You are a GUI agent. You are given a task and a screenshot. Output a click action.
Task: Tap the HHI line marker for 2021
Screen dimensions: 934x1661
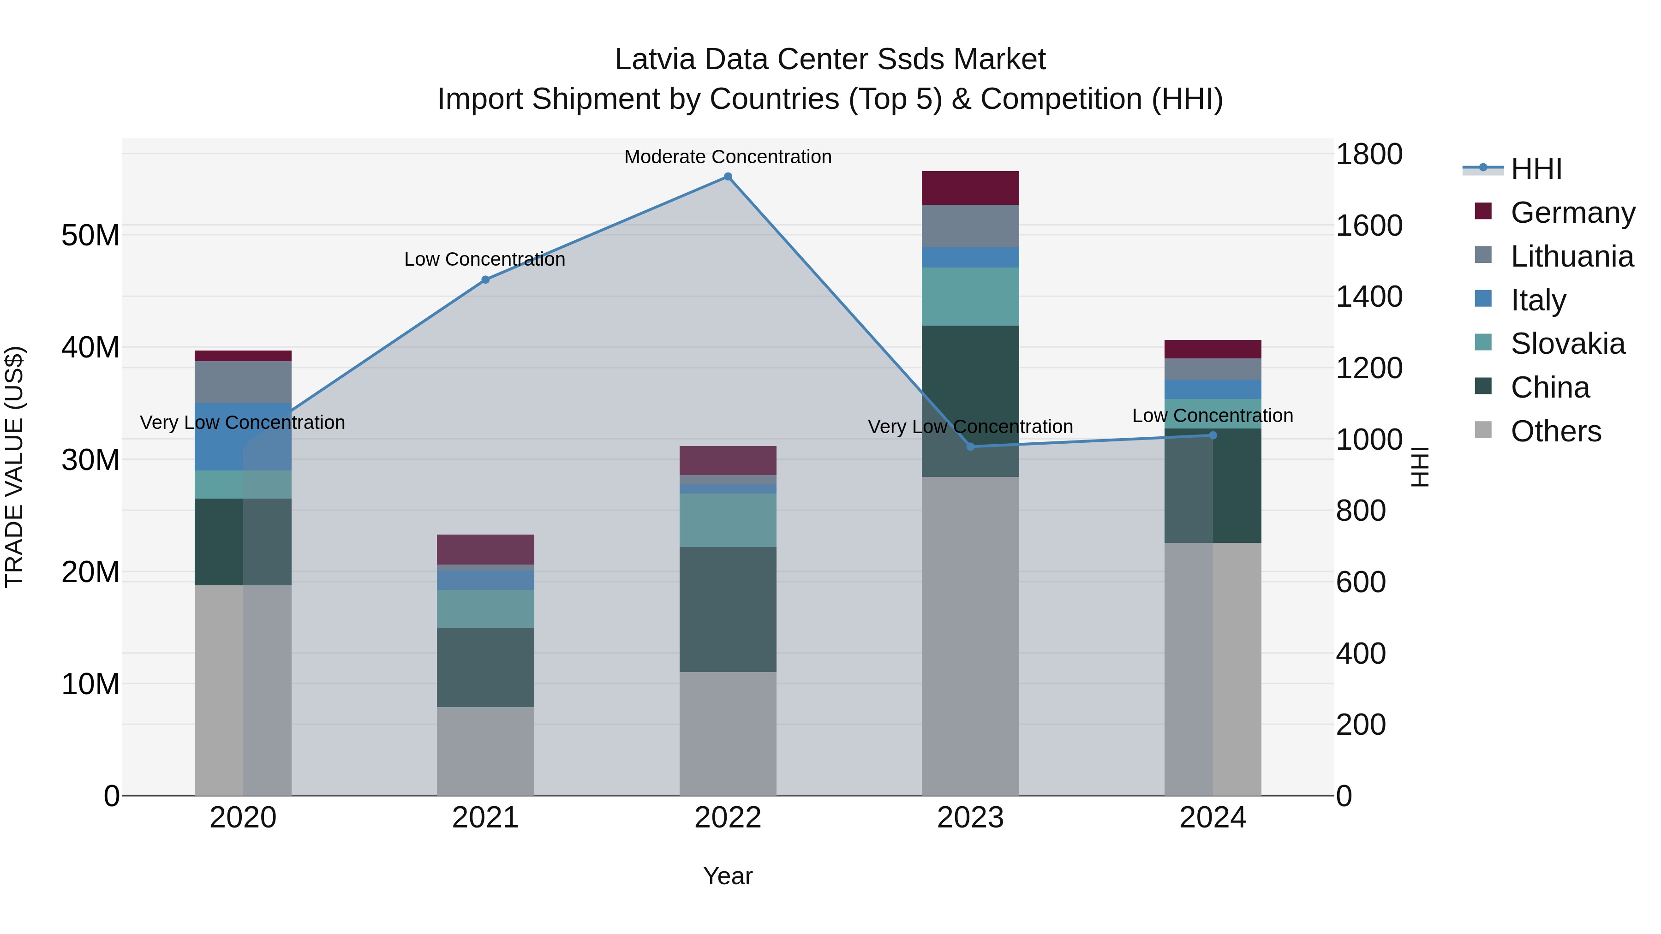click(485, 280)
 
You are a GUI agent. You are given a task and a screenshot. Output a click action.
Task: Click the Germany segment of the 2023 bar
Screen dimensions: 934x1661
click(970, 188)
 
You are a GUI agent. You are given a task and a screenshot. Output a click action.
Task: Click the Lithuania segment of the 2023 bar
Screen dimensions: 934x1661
click(970, 226)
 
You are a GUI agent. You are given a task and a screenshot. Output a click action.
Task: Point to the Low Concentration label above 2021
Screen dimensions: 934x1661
click(484, 259)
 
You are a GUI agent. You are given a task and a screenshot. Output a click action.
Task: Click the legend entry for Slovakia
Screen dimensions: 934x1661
click(1567, 344)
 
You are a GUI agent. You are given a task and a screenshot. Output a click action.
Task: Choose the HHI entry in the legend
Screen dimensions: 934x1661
click(1536, 169)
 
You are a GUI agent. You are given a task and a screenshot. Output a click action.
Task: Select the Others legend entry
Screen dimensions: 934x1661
click(1555, 431)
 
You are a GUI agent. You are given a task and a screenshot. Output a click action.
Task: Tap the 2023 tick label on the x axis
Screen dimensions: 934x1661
click(970, 818)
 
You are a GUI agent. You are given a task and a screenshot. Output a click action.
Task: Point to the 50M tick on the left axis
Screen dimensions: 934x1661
click(90, 235)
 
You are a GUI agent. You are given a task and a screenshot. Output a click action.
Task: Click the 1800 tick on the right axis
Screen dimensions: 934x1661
click(1368, 155)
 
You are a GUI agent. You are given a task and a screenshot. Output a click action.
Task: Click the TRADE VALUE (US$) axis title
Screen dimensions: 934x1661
click(14, 467)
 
